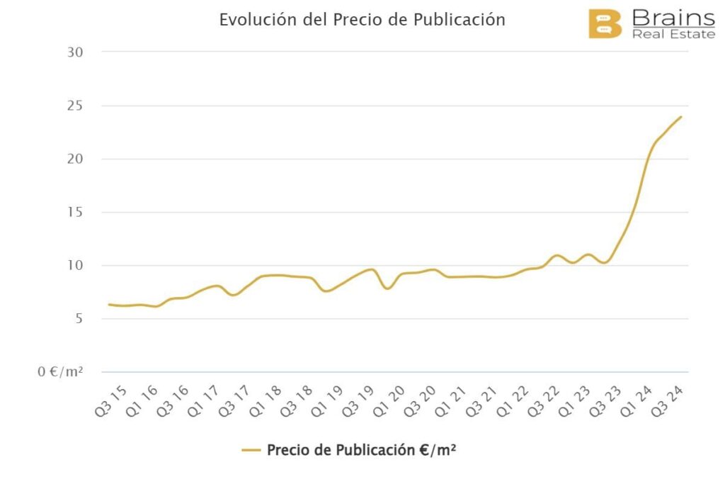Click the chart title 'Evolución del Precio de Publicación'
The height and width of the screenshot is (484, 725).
tap(362, 20)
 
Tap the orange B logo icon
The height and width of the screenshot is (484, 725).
tap(605, 23)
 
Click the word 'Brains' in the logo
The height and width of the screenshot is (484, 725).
tap(673, 17)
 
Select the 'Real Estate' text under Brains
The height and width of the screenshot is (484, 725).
tap(673, 33)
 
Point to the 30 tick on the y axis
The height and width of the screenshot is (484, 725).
tap(74, 52)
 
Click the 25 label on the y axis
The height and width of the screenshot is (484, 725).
tap(74, 106)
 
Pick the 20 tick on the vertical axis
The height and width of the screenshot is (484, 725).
tap(74, 159)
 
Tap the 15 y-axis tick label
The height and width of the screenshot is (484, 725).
tap(74, 212)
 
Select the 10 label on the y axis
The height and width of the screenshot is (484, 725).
tap(74, 266)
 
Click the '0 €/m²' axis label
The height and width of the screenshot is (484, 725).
tap(60, 372)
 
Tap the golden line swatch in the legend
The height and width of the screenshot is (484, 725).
tap(251, 450)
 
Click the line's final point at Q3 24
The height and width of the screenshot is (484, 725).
tap(681, 117)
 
